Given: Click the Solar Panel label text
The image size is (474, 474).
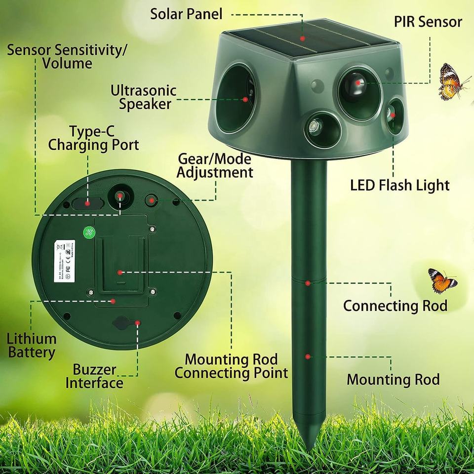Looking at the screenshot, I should click(187, 14).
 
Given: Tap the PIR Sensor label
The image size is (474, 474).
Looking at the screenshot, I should click(428, 22).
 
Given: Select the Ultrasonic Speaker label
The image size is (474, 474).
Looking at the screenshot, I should click(143, 97).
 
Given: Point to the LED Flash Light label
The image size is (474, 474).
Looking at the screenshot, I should click(400, 186).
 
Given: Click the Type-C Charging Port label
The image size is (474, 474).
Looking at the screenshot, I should click(93, 139).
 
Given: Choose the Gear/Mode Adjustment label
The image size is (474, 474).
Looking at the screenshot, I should click(215, 166).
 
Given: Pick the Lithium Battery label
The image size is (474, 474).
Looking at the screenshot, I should click(32, 346).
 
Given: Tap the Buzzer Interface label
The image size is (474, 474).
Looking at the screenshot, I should click(94, 376).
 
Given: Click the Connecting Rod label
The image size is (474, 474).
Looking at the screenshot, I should click(395, 306).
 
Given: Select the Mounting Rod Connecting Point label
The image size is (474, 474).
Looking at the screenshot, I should click(231, 366).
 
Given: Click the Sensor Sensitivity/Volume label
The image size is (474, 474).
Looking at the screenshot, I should click(67, 56).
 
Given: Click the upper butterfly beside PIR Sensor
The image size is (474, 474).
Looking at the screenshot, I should click(451, 81).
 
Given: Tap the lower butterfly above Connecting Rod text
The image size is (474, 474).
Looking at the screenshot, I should click(442, 281).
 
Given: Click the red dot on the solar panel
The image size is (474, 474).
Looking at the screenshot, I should click(302, 38).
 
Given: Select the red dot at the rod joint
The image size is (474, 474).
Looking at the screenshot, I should click(308, 283).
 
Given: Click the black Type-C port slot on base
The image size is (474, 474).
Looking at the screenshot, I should click(88, 203).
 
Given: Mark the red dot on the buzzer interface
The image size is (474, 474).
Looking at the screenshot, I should click(138, 322).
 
